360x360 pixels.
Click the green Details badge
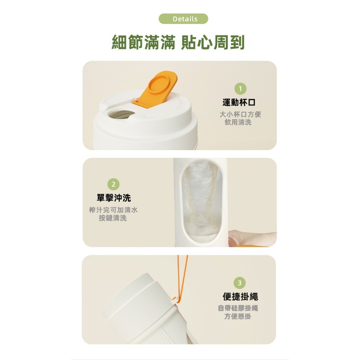click(x=183, y=19)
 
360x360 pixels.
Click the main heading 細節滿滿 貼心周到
click(x=178, y=42)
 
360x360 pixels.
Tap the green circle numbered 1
click(x=240, y=89)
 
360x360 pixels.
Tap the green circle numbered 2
click(x=114, y=184)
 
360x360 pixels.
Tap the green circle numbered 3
click(x=240, y=283)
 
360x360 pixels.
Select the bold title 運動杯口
click(x=239, y=102)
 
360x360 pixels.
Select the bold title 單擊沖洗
click(x=114, y=198)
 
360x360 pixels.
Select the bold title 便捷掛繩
click(x=240, y=297)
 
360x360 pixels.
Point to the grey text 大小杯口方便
click(x=240, y=114)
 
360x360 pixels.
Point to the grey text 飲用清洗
click(x=238, y=122)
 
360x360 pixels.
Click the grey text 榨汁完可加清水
click(x=114, y=210)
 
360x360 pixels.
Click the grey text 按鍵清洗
click(x=113, y=218)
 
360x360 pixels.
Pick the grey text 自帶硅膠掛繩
click(x=238, y=308)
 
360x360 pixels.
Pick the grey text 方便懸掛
click(x=238, y=316)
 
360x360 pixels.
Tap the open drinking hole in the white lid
click(x=121, y=114)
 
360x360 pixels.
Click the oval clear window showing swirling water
click(x=202, y=201)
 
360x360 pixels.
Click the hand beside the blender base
click(x=252, y=239)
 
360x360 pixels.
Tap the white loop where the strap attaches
click(x=175, y=300)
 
